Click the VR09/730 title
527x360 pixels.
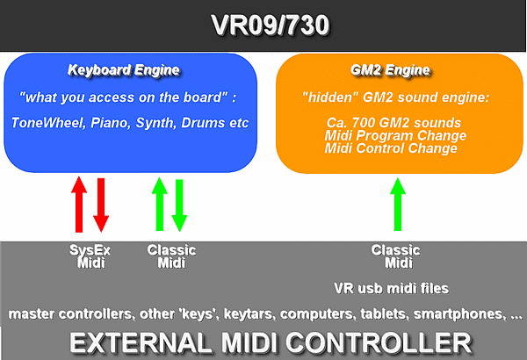point(271,25)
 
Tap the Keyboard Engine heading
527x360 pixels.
point(124,70)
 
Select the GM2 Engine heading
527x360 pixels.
point(390,70)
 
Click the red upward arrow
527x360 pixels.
point(79,205)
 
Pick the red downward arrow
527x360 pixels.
point(101,205)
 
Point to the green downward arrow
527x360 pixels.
point(179,205)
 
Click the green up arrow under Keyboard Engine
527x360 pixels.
point(160,204)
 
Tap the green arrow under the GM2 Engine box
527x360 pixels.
point(398,204)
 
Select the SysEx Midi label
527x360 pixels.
point(90,256)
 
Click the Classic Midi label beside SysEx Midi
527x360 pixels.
point(171,256)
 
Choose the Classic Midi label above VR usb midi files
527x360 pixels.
point(395,256)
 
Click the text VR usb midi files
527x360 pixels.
point(392,288)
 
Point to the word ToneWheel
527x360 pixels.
point(48,123)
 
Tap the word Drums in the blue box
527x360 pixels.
point(203,123)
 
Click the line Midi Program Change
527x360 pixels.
point(395,135)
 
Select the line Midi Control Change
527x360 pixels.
point(391,148)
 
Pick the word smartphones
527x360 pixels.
point(459,314)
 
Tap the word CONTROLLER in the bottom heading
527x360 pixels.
point(379,342)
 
